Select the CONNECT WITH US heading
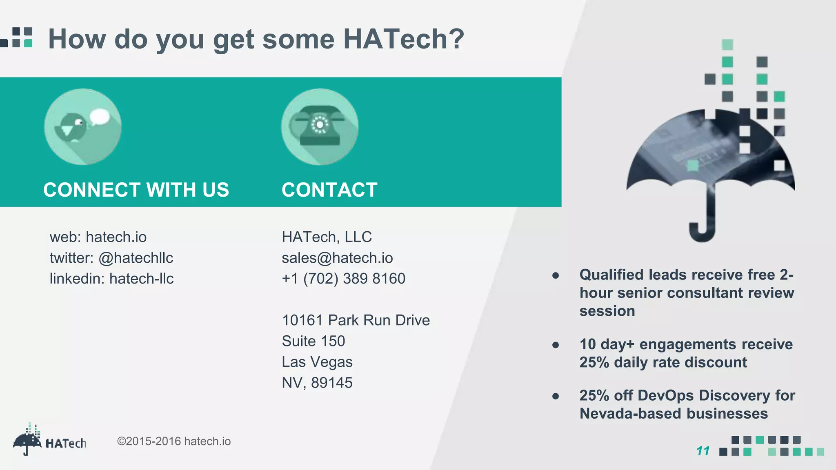(136, 190)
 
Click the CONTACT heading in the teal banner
(329, 190)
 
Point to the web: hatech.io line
(98, 237)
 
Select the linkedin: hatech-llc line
(111, 279)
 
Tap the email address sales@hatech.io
(337, 258)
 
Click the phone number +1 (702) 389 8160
(343, 279)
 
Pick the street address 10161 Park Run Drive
(356, 320)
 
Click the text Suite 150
(313, 341)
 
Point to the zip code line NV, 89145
(317, 383)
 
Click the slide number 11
(703, 451)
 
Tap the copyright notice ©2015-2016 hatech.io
(174, 441)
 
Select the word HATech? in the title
(403, 39)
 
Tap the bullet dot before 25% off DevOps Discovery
(555, 396)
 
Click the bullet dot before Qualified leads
(555, 276)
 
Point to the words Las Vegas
(317, 362)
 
